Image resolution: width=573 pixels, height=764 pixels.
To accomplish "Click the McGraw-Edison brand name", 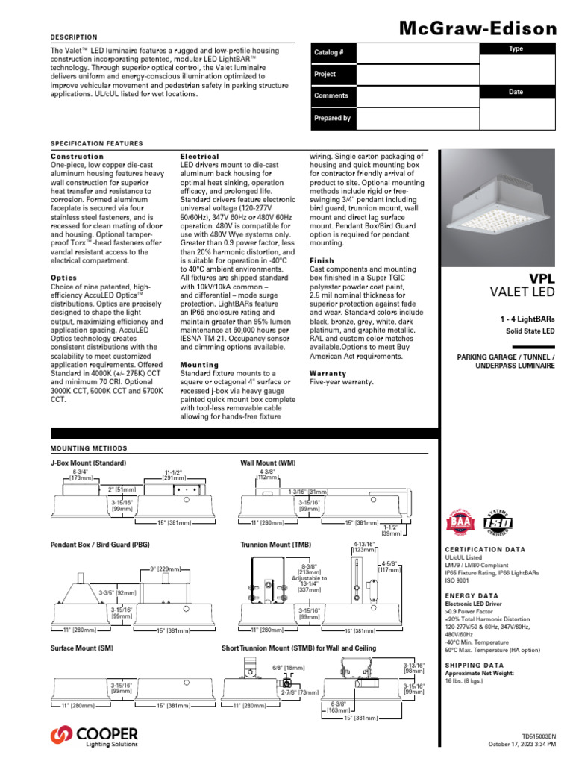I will (478, 29).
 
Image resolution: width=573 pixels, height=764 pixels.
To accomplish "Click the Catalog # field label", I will (329, 52).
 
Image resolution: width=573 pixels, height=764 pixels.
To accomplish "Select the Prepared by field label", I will (332, 118).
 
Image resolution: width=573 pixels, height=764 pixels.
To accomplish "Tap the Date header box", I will (516, 92).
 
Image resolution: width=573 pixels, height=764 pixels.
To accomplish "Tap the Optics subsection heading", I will (63, 278).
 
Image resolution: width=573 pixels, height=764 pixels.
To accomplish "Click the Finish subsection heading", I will (322, 260).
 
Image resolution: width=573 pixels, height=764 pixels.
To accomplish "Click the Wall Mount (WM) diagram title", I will (268, 463).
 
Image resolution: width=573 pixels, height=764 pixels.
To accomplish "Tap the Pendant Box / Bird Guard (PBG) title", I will (100, 545).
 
